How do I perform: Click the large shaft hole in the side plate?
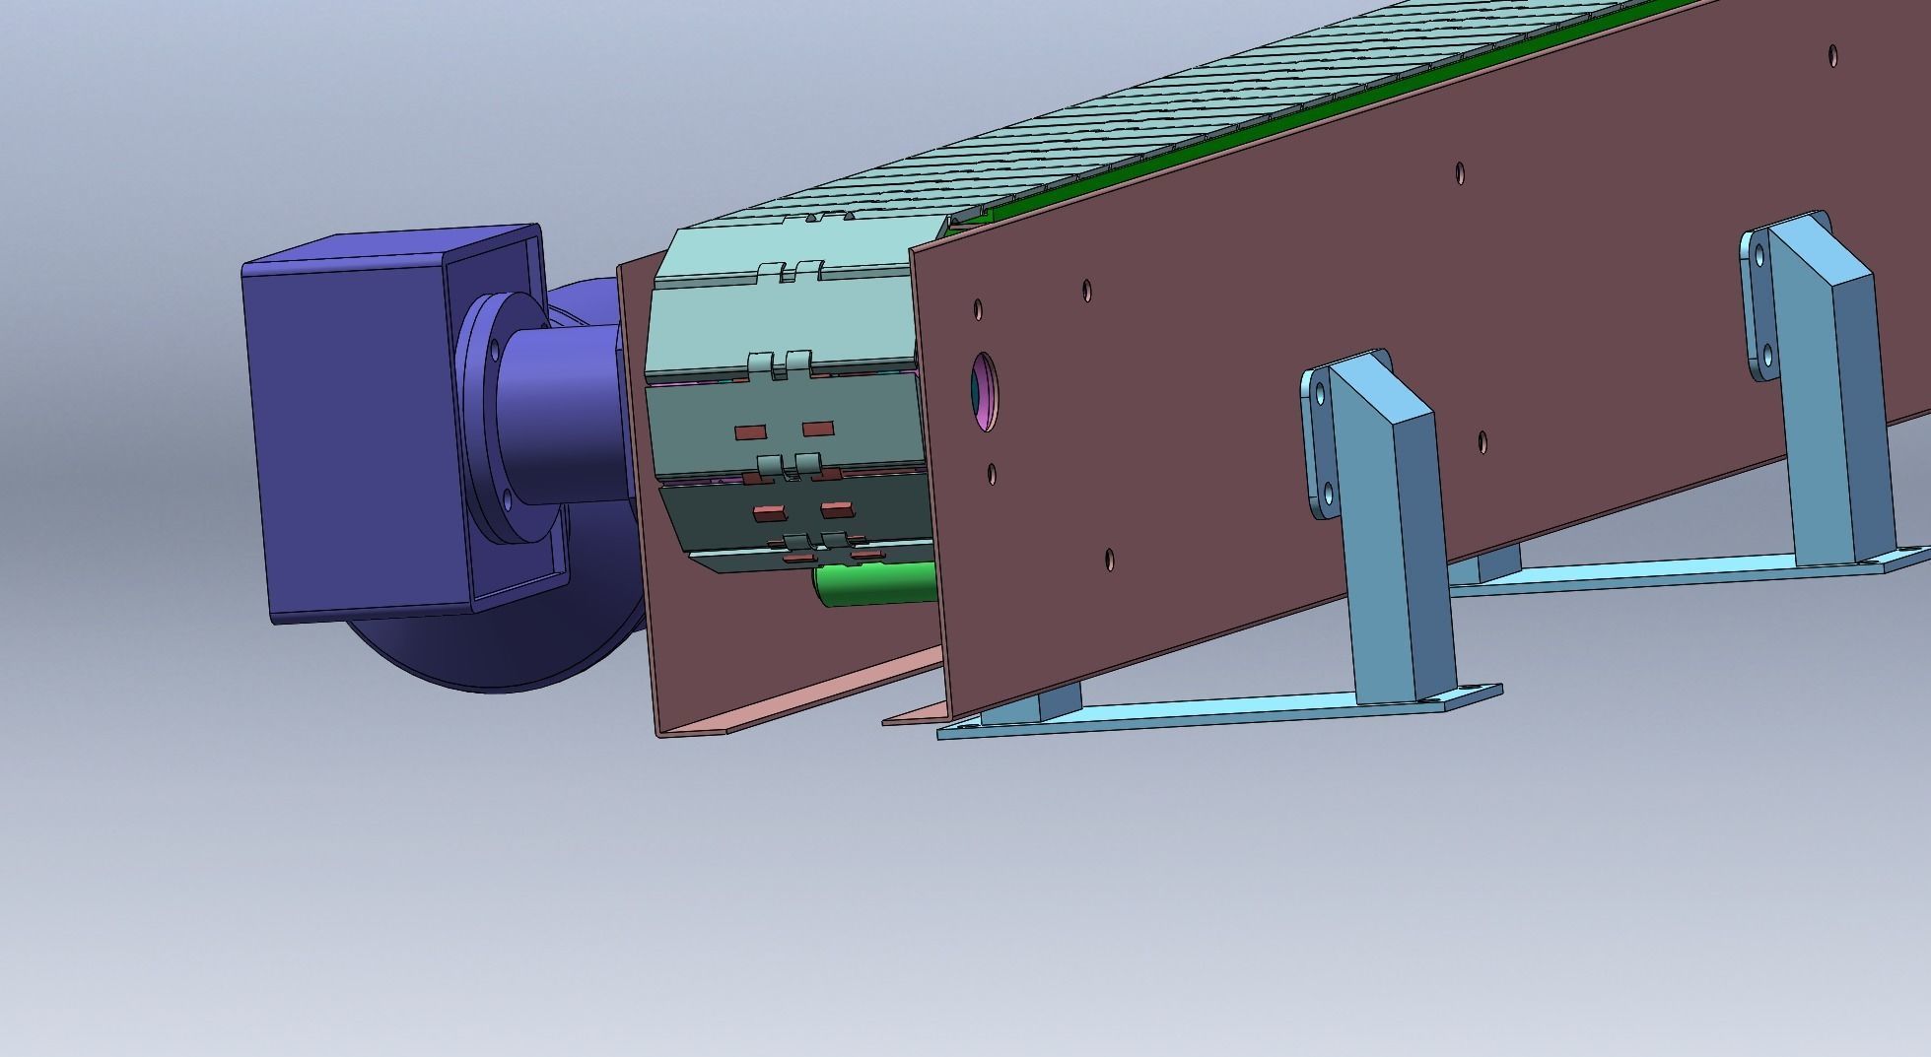point(984,391)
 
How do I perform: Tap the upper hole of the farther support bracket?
point(1759,255)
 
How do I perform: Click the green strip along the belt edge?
point(1281,118)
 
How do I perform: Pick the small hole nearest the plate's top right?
point(1832,54)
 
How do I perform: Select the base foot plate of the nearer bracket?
point(1212,711)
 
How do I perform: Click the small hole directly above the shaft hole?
point(978,309)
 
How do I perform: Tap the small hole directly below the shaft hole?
point(992,475)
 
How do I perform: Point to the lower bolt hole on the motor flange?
point(508,498)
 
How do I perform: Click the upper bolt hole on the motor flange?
point(495,347)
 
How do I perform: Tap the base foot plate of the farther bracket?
point(1676,571)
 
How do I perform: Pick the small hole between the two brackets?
point(1483,441)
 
